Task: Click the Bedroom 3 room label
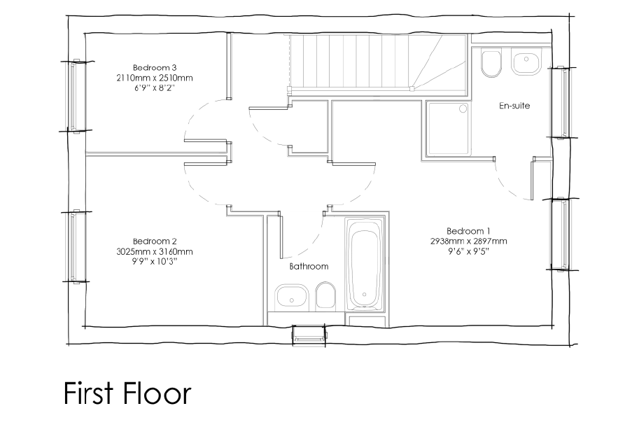click(155, 67)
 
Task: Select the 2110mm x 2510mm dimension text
click(155, 78)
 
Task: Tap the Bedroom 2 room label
click(155, 241)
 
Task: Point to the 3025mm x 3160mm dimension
click(155, 251)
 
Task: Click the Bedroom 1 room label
click(468, 231)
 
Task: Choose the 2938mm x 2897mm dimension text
click(469, 241)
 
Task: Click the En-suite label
click(514, 106)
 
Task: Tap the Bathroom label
click(309, 267)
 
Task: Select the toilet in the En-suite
click(491, 63)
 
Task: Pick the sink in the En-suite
click(526, 60)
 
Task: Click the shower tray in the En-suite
click(447, 129)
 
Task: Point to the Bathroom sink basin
click(292, 297)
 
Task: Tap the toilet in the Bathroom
click(325, 295)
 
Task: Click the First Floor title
click(127, 393)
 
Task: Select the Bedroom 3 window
click(75, 96)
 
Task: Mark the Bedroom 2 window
click(75, 246)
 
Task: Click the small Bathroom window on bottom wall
click(309, 335)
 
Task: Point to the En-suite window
click(561, 102)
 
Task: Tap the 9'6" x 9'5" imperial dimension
click(468, 251)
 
